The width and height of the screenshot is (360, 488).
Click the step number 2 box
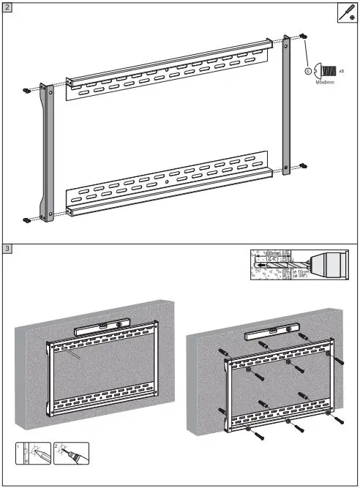coord(7,8)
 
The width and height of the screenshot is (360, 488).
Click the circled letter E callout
coord(308,72)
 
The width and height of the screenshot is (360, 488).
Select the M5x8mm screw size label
coord(325,83)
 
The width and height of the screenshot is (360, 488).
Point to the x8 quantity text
coord(341,70)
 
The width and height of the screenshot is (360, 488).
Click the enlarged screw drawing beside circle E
coord(326,71)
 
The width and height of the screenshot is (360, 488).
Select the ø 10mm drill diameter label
coord(299,274)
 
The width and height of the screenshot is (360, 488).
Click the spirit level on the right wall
coord(266,334)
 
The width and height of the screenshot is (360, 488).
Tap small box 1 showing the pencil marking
coord(28,454)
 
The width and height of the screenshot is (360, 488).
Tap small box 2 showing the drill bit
coord(72,454)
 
